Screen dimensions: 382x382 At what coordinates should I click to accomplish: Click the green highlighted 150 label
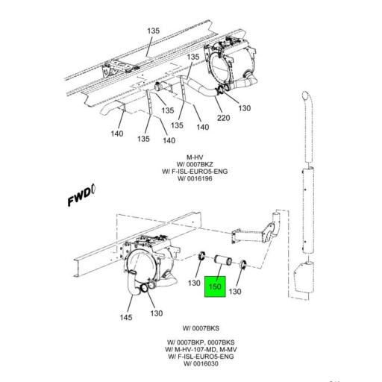click(x=216, y=286)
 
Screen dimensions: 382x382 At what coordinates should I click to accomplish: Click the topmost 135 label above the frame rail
click(x=153, y=31)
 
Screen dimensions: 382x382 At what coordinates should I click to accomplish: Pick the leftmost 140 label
click(x=116, y=134)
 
